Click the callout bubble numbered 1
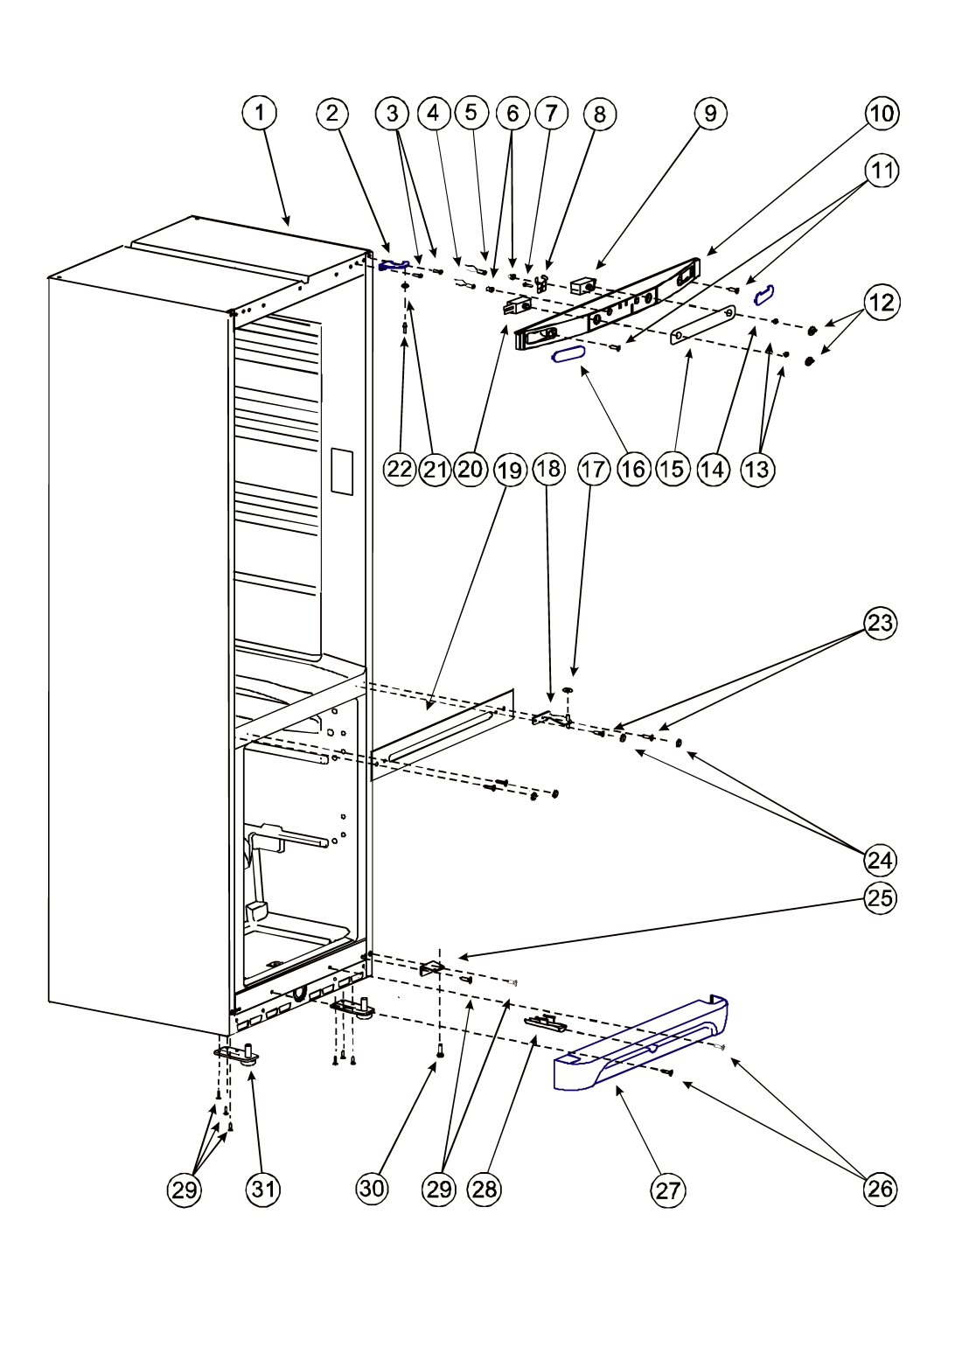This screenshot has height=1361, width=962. tap(260, 113)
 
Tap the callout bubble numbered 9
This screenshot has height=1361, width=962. tap(710, 113)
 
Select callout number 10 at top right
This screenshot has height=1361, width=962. tap(882, 113)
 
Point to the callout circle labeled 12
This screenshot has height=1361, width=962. tap(882, 302)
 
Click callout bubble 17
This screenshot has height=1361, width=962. tap(593, 469)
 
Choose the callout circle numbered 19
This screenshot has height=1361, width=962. tap(510, 470)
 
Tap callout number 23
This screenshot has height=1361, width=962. tap(880, 623)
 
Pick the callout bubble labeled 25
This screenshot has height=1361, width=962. tap(880, 898)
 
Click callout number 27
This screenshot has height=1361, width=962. tap(667, 1190)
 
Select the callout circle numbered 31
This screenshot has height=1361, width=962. tap(263, 1189)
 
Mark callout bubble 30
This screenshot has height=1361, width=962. tap(372, 1189)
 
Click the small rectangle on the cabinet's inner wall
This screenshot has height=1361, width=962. tap(341, 471)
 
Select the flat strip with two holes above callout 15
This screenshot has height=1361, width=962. tap(702, 325)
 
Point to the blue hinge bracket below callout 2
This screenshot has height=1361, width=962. tap(394, 265)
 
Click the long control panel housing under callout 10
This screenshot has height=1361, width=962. tap(607, 304)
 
